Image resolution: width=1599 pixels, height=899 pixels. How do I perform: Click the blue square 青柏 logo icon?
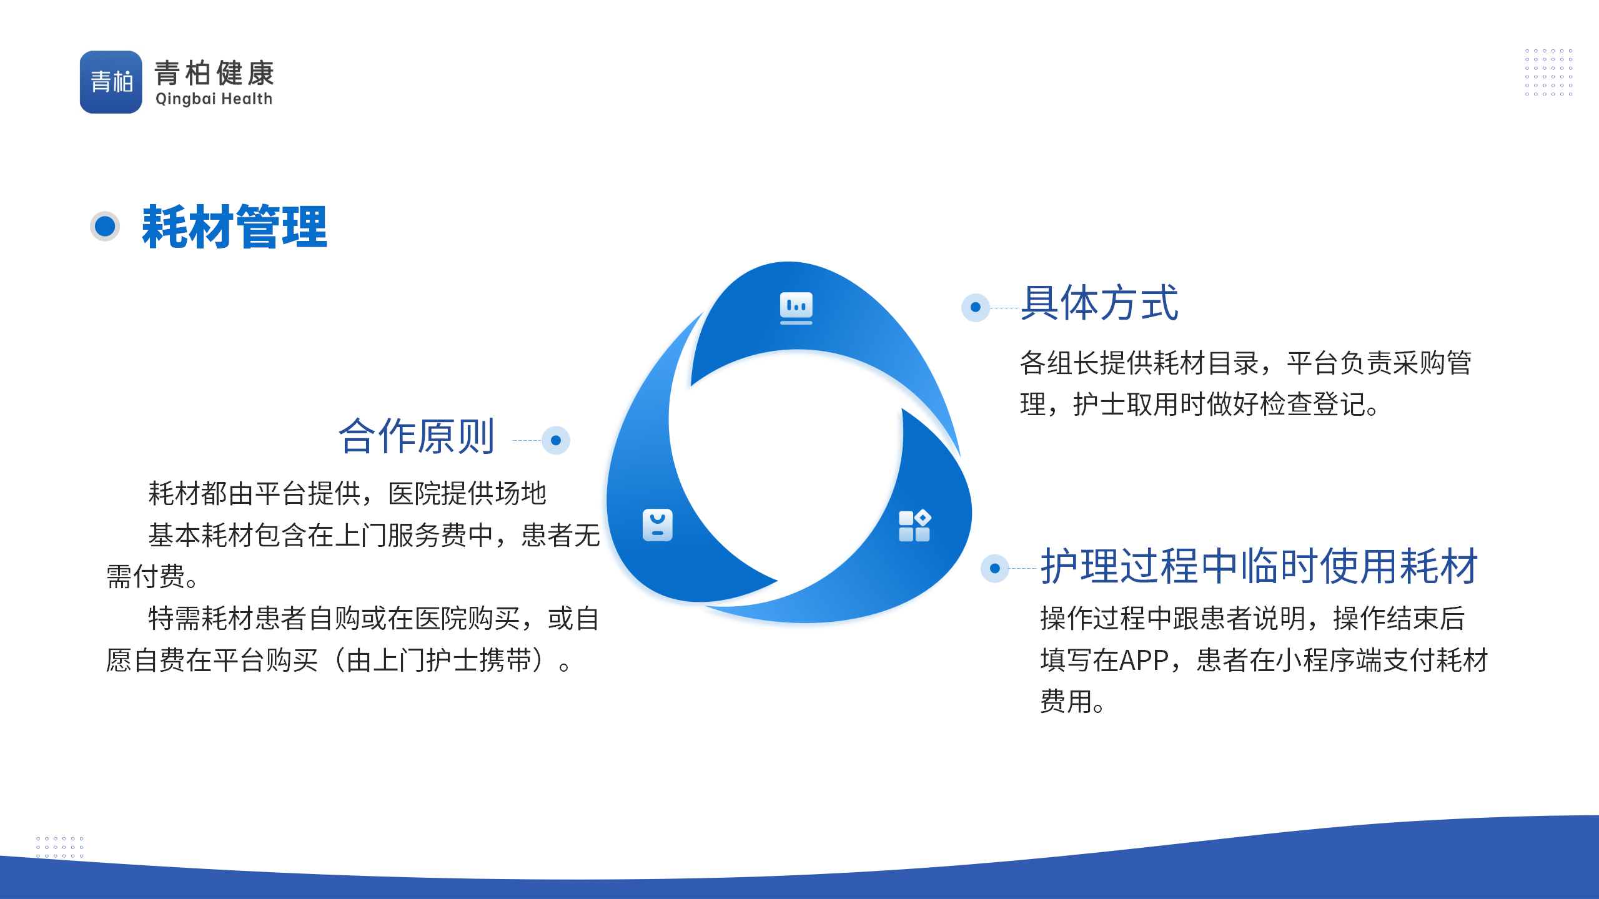(x=111, y=82)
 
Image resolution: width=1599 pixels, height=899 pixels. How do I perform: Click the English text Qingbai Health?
(x=214, y=99)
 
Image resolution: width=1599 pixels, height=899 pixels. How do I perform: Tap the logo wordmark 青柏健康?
(x=214, y=73)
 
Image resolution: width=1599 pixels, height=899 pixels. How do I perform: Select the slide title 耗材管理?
(x=234, y=227)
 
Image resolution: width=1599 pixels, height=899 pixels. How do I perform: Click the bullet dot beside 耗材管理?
(x=105, y=226)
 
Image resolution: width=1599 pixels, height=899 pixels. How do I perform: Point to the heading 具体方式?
(x=1099, y=303)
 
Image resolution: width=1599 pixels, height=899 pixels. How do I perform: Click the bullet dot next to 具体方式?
(x=976, y=307)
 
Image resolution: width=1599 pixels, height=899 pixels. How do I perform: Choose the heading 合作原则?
(x=417, y=436)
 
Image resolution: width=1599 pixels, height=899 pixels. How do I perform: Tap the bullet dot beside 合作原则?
(x=556, y=440)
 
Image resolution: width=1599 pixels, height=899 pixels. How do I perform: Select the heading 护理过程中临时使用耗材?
(x=1259, y=566)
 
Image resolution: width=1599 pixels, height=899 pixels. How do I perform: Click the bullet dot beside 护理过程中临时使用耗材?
(x=995, y=568)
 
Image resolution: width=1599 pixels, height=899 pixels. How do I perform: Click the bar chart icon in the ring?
(x=796, y=308)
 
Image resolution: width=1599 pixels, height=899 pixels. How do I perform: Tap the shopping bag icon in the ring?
(x=658, y=525)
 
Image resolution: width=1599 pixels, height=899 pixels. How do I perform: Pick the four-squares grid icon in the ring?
(x=914, y=526)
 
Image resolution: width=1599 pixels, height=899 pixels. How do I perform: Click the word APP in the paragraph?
(x=1144, y=661)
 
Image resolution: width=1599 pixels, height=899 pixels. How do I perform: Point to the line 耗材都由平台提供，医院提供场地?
(x=347, y=494)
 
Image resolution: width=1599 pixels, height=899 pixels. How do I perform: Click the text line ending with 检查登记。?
(x=1200, y=405)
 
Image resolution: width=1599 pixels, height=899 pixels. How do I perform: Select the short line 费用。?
(x=1072, y=702)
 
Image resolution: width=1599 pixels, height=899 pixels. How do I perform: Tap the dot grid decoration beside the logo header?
(x=1548, y=72)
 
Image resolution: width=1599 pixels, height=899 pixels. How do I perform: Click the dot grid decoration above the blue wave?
(x=60, y=847)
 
